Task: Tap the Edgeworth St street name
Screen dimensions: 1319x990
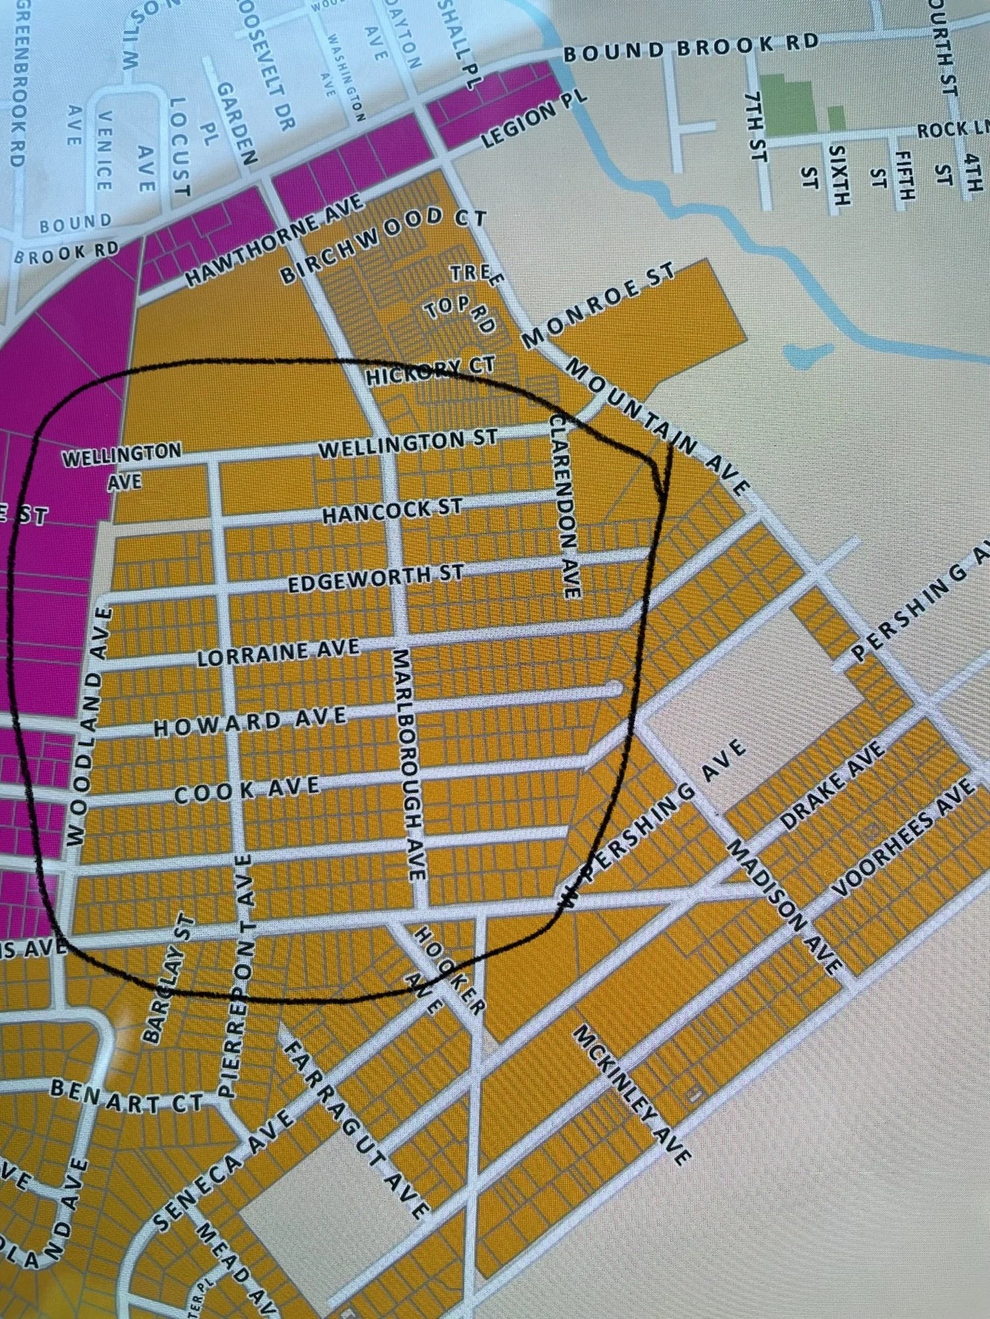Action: (375, 578)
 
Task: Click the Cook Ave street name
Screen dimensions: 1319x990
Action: (247, 790)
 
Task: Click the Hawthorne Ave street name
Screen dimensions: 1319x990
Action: (274, 240)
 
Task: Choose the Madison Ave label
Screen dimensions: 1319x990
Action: (783, 906)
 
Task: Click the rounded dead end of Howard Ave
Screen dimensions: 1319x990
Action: (616, 689)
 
